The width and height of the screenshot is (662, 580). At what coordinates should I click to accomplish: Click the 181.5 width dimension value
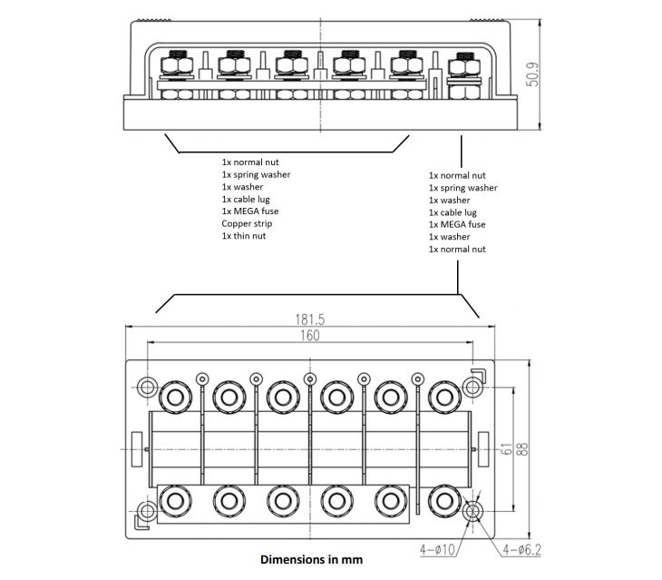307,319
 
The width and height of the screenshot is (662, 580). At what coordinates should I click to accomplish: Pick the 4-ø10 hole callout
440,550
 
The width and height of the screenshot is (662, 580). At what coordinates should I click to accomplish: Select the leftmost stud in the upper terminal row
174,396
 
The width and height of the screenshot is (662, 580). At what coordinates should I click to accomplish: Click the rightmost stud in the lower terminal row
443,500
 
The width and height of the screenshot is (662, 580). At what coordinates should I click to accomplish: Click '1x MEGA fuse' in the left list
249,211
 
